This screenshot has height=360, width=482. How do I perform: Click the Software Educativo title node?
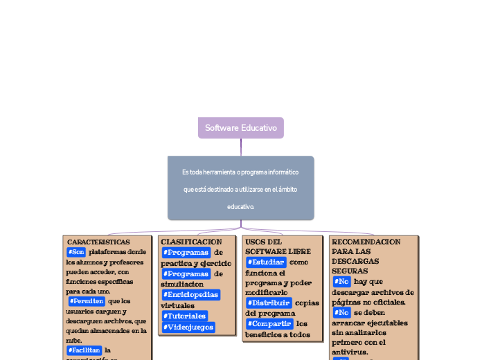[241, 128]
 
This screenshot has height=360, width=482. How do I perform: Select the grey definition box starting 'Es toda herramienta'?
[240, 188]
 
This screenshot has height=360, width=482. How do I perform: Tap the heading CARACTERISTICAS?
[98, 242]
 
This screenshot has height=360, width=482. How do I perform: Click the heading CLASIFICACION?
[191, 242]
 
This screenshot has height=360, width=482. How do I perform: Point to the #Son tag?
[76, 252]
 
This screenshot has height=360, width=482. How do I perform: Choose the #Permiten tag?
[87, 301]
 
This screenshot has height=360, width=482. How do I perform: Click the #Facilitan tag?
[84, 350]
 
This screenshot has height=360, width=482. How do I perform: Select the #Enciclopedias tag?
[190, 295]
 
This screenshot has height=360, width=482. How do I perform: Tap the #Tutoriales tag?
[184, 316]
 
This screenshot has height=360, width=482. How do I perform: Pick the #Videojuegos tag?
[188, 327]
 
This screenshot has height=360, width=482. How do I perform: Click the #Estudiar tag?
[265, 262]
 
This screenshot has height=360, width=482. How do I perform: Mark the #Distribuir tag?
[268, 303]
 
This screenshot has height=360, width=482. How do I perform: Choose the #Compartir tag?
[269, 324]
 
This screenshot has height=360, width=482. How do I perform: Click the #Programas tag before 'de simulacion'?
[185, 274]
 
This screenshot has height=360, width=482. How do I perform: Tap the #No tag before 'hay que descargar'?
[341, 282]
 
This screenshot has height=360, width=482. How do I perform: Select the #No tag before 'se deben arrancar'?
[341, 313]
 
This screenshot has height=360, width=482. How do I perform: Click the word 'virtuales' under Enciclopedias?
[178, 305]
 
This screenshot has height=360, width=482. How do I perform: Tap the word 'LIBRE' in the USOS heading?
[299, 251]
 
